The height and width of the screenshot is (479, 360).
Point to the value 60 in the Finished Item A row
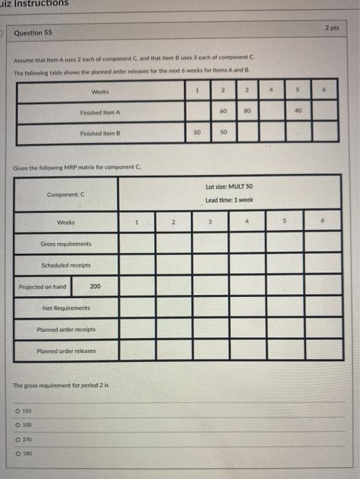[x=223, y=110]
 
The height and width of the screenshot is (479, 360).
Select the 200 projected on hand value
[x=95, y=287]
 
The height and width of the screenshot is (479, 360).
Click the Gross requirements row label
[x=66, y=244]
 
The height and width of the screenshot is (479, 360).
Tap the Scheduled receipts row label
[x=66, y=266]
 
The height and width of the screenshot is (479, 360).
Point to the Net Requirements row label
[x=66, y=308]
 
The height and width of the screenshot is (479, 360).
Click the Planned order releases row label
[x=66, y=351]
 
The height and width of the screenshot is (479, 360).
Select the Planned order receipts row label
[x=66, y=330]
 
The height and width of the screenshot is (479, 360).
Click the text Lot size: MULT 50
[x=230, y=186]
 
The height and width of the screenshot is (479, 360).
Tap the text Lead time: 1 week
[x=229, y=200]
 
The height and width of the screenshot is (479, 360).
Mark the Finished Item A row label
[x=100, y=110]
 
